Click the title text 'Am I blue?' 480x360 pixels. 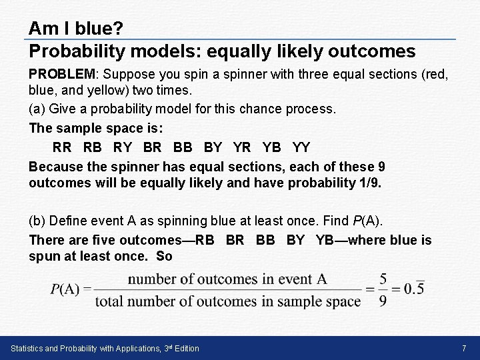pyautogui.click(x=75, y=29)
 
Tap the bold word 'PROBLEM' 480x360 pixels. pyautogui.click(x=63, y=76)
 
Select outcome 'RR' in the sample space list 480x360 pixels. pyautogui.click(x=63, y=146)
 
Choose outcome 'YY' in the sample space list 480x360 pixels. pyautogui.click(x=301, y=146)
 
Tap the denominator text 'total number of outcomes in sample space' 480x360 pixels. pyautogui.click(x=227, y=301)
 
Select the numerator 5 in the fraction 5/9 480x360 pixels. pyautogui.click(x=383, y=279)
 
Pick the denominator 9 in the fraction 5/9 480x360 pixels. pyautogui.click(x=383, y=301)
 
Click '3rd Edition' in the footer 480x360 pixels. pyautogui.click(x=181, y=349)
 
